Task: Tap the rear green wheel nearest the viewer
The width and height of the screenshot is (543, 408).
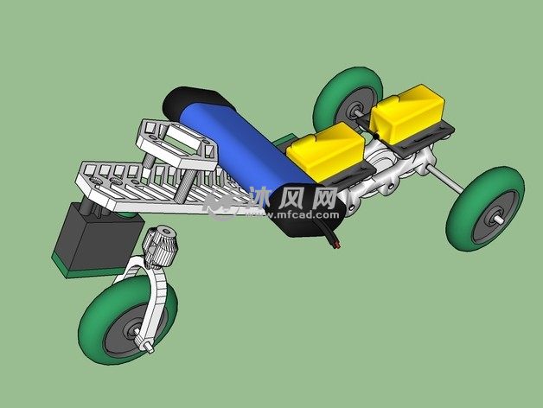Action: coord(485,209)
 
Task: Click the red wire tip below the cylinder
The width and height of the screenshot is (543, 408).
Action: coord(336,245)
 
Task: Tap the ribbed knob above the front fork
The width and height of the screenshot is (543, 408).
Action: coord(160,246)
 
